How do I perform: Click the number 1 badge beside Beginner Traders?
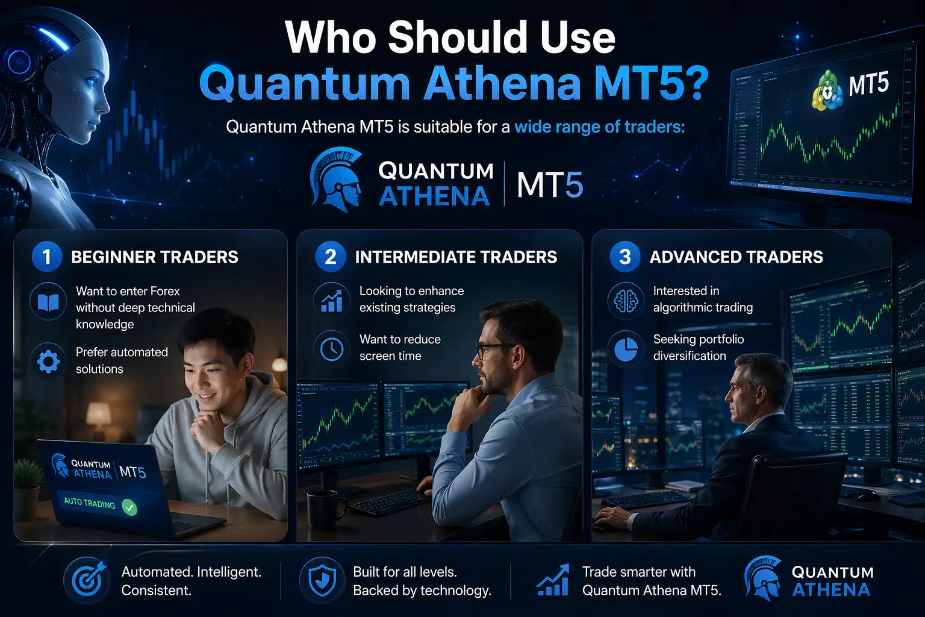pos(46,257)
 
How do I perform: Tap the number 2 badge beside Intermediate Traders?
pos(330,257)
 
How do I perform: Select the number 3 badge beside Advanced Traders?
pos(625,257)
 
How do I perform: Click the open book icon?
pos(48,301)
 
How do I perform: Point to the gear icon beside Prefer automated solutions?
pos(48,361)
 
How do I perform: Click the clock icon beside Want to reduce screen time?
pos(331,349)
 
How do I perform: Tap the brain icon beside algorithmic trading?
pos(626,300)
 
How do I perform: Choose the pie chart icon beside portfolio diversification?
pos(626,348)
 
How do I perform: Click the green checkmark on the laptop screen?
pos(129,507)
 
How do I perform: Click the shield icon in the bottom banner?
pos(322,580)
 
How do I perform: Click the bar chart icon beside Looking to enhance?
pos(331,300)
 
